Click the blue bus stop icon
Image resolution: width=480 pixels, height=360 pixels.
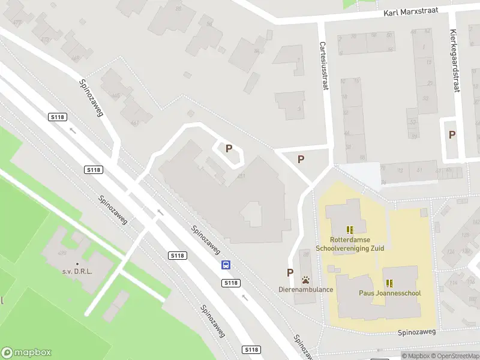click(226, 265)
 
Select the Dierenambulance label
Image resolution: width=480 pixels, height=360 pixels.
click(306, 289)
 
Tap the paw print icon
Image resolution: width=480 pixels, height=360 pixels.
click(306, 280)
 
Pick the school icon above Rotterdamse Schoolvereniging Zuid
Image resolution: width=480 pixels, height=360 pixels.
click(350, 229)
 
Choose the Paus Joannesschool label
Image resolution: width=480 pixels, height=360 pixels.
click(390, 293)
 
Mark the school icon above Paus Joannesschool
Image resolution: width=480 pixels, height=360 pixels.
click(390, 283)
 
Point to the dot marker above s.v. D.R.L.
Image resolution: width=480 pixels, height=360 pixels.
click(77, 264)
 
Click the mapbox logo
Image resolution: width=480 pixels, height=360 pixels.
click(26, 353)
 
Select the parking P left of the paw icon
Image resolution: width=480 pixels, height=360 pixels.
click(290, 272)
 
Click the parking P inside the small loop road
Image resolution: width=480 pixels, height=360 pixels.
click(229, 148)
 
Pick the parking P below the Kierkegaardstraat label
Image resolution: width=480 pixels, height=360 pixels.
click(452, 135)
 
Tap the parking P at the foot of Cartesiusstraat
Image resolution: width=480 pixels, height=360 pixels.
click(301, 159)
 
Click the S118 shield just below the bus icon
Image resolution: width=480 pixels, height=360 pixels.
click(230, 283)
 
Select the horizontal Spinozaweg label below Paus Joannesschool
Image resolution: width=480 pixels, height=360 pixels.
click(415, 332)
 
